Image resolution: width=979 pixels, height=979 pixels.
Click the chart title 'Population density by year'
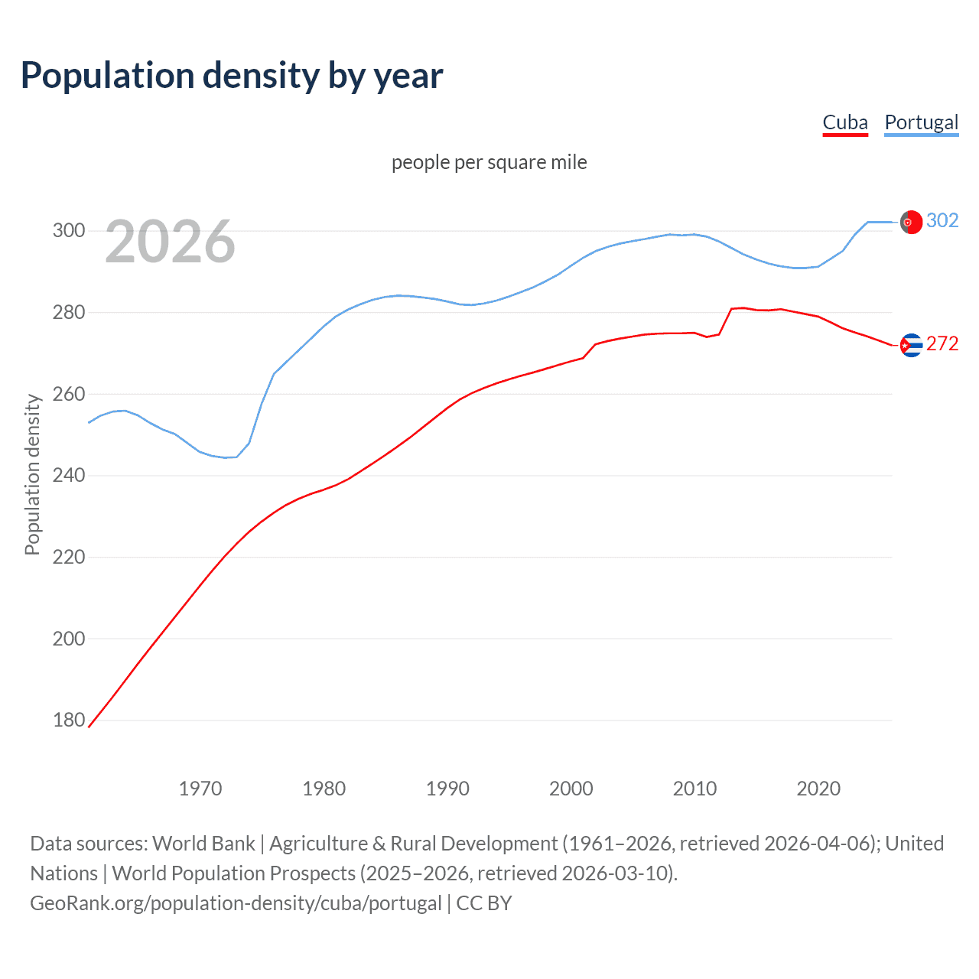point(232,76)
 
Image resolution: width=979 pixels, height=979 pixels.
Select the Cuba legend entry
point(845,122)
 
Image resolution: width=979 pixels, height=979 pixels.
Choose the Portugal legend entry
point(921,122)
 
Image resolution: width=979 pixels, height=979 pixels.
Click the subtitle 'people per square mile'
point(489,162)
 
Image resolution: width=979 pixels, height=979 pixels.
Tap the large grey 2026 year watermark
point(170,242)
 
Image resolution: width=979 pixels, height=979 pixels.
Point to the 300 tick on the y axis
point(68,230)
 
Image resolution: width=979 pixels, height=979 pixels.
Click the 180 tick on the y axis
point(68,720)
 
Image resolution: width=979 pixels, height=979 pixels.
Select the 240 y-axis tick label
point(68,475)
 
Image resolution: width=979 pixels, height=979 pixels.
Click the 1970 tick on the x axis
point(200,788)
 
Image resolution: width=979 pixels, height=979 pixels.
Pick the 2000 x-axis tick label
point(571,788)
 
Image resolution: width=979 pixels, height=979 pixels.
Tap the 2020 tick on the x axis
point(818,788)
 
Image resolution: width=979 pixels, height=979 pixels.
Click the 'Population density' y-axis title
point(32,474)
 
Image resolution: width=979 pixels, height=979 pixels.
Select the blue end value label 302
point(942,221)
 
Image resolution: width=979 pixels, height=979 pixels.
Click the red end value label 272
point(942,344)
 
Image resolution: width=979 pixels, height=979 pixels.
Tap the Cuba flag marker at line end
point(910,346)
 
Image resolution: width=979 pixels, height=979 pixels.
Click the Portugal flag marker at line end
point(910,222)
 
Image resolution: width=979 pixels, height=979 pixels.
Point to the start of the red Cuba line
point(89,727)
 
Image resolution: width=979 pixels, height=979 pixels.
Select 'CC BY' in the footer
point(484,903)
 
